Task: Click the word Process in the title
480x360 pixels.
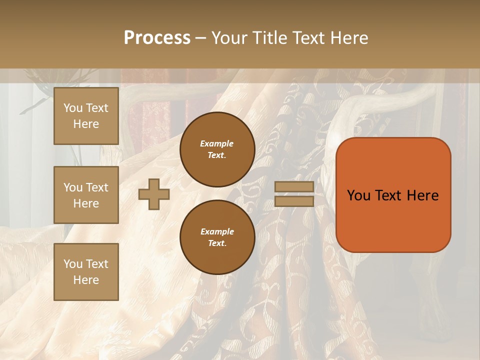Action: click(x=157, y=38)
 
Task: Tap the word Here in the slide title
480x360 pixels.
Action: click(x=345, y=38)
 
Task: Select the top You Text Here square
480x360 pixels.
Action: click(x=86, y=116)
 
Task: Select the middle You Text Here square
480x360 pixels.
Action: click(x=86, y=195)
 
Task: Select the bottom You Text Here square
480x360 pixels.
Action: click(x=86, y=272)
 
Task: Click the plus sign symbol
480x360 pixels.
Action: click(x=153, y=194)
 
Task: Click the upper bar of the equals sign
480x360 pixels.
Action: click(x=294, y=186)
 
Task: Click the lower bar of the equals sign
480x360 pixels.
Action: click(x=294, y=201)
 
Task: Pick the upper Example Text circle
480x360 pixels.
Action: click(x=217, y=149)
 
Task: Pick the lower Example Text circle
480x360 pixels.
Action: click(x=217, y=237)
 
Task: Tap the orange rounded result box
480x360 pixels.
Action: click(x=393, y=220)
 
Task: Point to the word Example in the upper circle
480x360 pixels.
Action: click(x=217, y=143)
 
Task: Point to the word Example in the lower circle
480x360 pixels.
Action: click(x=217, y=231)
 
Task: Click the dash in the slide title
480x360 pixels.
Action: click(x=201, y=38)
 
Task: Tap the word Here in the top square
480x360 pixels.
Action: click(x=86, y=124)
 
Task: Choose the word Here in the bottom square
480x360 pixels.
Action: click(x=86, y=280)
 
